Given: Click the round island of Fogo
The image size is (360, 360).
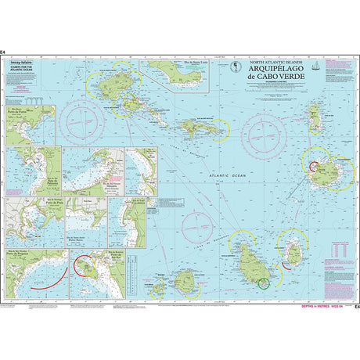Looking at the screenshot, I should (188, 281).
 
